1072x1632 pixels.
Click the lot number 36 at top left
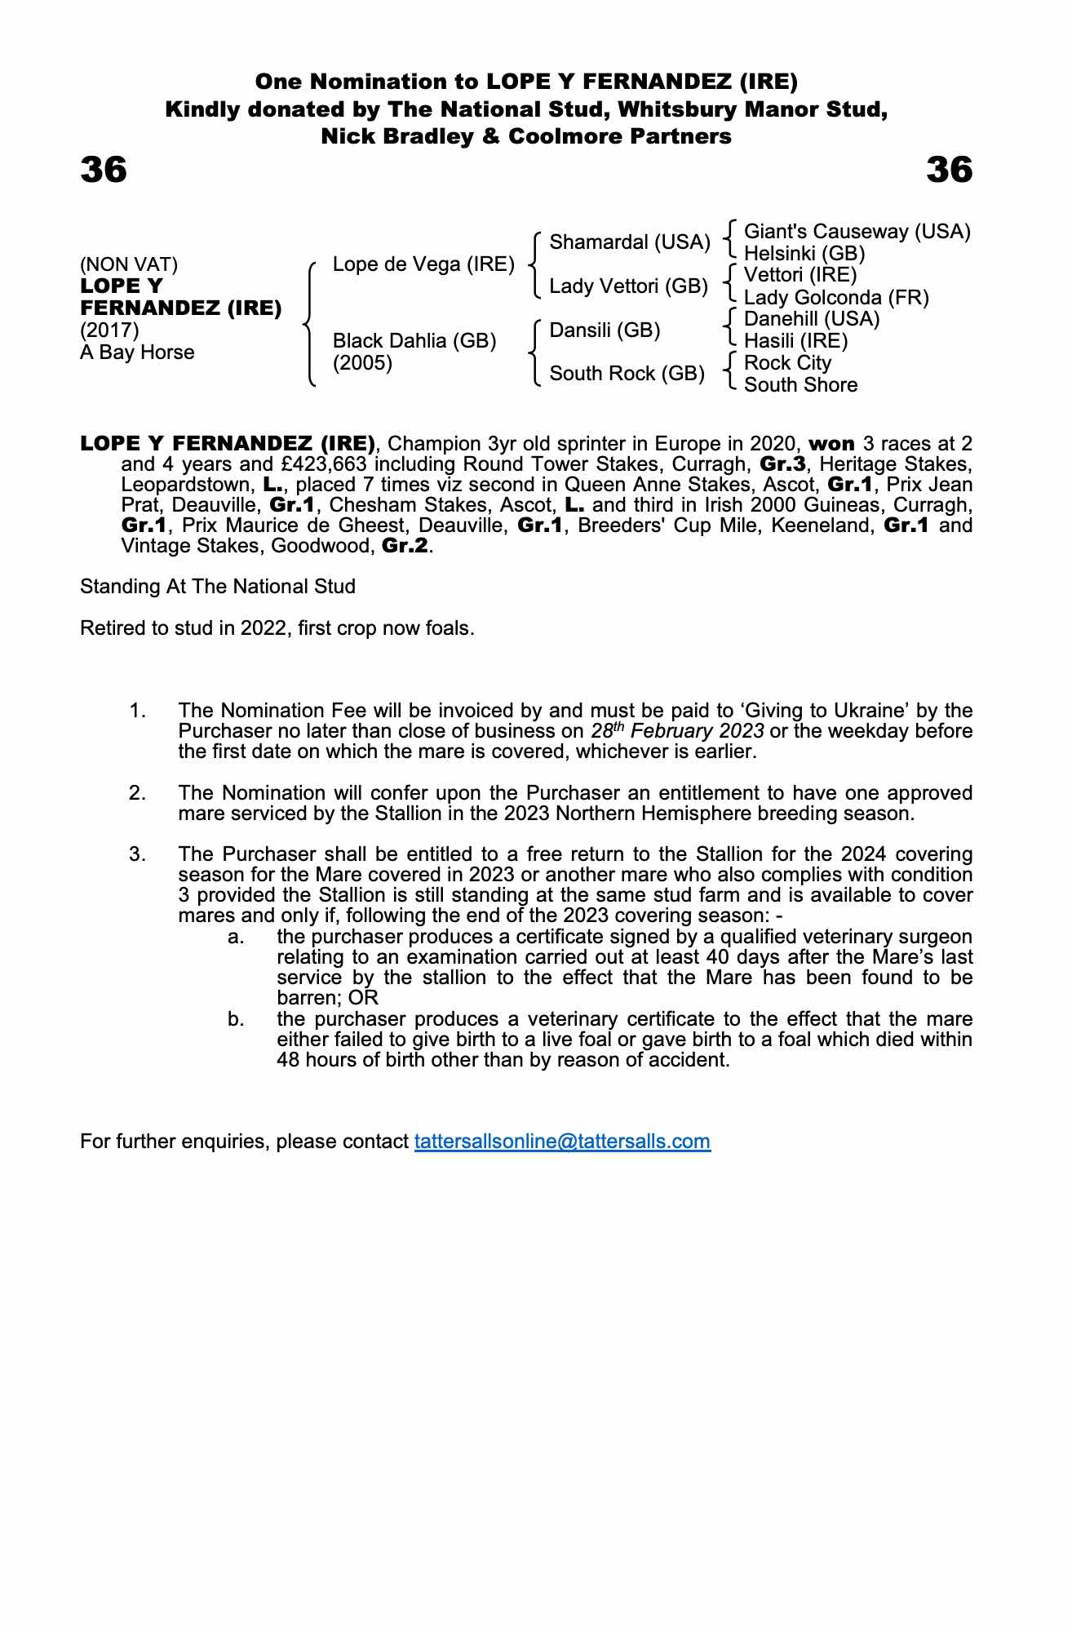pyautogui.click(x=104, y=170)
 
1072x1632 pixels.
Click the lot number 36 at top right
pyautogui.click(x=950, y=170)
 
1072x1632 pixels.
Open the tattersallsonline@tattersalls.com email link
pyautogui.click(x=562, y=1141)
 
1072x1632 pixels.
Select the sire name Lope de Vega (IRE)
pyautogui.click(x=423, y=264)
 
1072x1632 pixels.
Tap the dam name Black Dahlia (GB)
pyautogui.click(x=414, y=341)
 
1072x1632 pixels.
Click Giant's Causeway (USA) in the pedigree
pyautogui.click(x=857, y=232)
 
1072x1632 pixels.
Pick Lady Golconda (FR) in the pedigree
pyautogui.click(x=836, y=298)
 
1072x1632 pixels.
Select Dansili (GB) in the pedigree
pyautogui.click(x=605, y=330)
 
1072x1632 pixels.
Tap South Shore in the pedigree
pyautogui.click(x=800, y=385)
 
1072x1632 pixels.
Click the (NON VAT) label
pyautogui.click(x=129, y=264)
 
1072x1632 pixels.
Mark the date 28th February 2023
pyautogui.click(x=677, y=730)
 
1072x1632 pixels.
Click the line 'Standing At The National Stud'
pyautogui.click(x=218, y=587)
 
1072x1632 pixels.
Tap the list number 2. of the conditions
pyautogui.click(x=138, y=793)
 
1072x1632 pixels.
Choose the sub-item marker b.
pyautogui.click(x=237, y=1019)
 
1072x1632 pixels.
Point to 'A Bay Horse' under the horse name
pyautogui.click(x=137, y=353)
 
